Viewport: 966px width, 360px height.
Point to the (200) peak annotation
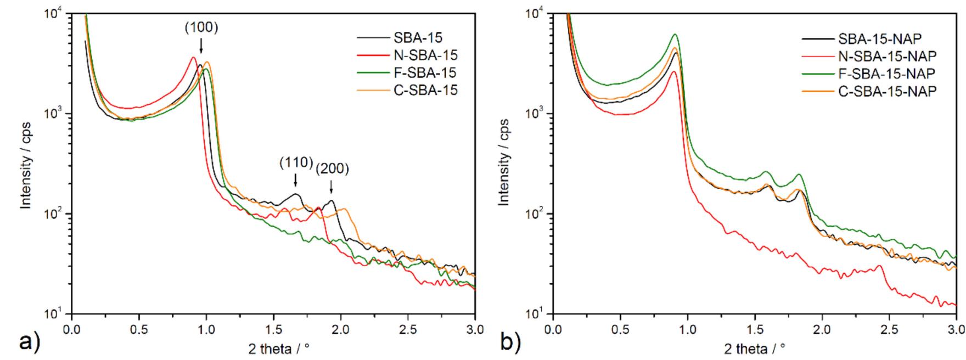point(332,169)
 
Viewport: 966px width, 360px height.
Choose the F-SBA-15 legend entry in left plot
point(424,72)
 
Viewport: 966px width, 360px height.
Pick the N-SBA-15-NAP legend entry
point(887,55)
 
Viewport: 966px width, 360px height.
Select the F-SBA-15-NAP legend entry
point(886,73)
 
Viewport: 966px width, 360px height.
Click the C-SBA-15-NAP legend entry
point(887,91)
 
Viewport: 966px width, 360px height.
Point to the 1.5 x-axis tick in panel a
point(273,329)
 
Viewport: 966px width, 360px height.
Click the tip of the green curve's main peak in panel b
point(675,35)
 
